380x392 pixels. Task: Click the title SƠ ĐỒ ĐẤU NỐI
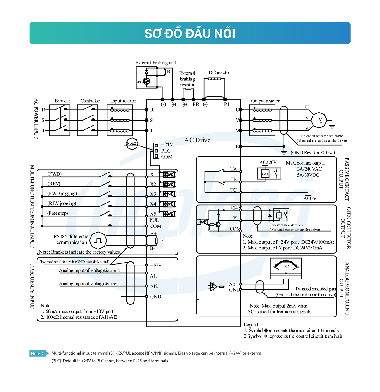click(190, 33)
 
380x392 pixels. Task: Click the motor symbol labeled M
click(320, 120)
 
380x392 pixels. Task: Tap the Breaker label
click(62, 101)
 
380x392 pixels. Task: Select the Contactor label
click(90, 101)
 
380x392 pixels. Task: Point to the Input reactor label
click(123, 101)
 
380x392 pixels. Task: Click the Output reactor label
click(265, 101)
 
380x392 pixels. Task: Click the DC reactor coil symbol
click(214, 79)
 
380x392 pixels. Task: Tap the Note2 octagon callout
click(132, 143)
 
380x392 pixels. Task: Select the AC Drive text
click(197, 140)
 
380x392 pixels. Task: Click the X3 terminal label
click(153, 194)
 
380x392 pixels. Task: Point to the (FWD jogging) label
click(62, 194)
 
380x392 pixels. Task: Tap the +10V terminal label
click(156, 265)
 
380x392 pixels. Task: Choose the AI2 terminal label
click(154, 286)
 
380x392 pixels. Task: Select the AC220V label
click(268, 162)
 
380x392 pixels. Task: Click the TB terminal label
click(234, 179)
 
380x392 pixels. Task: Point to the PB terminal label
click(196, 105)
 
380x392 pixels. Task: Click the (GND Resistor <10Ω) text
click(313, 153)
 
